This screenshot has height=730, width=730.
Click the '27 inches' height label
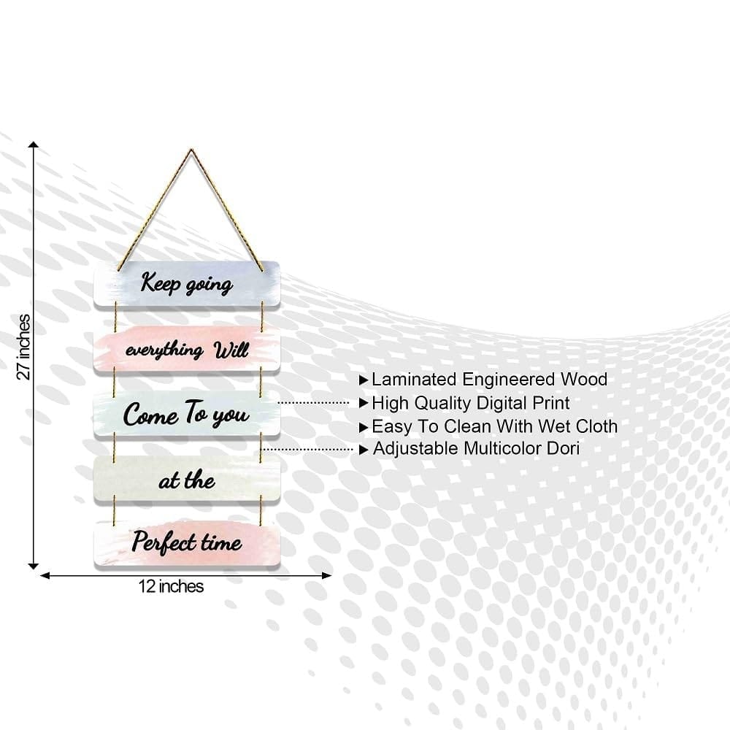(x=23, y=347)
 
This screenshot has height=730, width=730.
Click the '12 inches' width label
(x=171, y=586)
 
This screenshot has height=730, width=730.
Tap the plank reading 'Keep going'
(x=187, y=283)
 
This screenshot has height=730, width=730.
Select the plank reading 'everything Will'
(x=187, y=349)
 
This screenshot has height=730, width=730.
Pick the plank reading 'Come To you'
(x=187, y=414)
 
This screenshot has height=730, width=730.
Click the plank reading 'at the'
(x=187, y=479)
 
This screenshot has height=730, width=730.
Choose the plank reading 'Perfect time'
(x=187, y=544)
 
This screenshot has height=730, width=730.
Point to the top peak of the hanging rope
(x=191, y=150)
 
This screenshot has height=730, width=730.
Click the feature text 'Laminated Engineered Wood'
(x=489, y=380)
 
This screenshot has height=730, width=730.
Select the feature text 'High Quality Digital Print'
(x=470, y=403)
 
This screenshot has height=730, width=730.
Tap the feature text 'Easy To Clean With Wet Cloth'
(x=494, y=426)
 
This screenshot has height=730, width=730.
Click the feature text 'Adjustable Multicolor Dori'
(x=476, y=449)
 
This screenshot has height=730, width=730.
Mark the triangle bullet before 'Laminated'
(x=364, y=380)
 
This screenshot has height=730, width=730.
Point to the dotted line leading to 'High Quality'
(x=313, y=403)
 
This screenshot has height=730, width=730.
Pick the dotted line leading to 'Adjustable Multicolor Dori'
(x=308, y=450)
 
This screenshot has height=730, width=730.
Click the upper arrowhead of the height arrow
(x=33, y=145)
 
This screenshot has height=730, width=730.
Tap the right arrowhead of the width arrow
(x=327, y=576)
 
